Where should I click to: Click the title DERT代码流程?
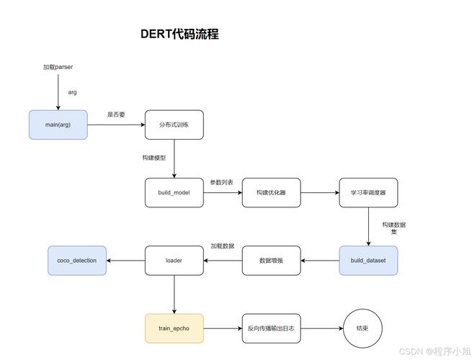click(179, 35)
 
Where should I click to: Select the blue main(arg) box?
click(58, 125)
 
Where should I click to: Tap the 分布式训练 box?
click(174, 125)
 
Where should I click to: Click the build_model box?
click(174, 193)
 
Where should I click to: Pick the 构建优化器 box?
click(271, 193)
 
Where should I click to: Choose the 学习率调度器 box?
click(368, 193)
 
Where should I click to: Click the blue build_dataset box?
click(368, 261)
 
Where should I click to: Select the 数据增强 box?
click(271, 261)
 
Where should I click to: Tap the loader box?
click(174, 261)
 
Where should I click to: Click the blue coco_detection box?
click(77, 261)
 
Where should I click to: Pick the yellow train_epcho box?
click(174, 328)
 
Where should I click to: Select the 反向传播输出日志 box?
click(271, 328)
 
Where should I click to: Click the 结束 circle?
click(362, 328)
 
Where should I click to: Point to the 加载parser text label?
click(58, 67)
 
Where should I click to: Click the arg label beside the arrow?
click(73, 92)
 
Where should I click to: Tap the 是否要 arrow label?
click(116, 114)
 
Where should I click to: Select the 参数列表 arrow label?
click(222, 182)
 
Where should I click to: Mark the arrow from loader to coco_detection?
click(126, 261)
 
